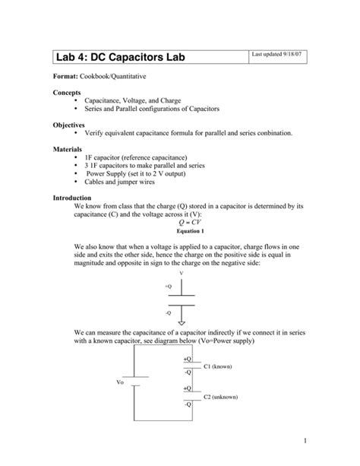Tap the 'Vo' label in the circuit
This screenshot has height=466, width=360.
point(120,382)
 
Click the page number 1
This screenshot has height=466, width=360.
point(302,440)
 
